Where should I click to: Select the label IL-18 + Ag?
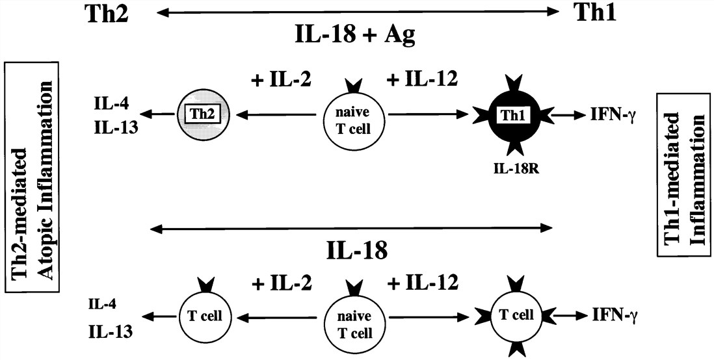(x=356, y=35)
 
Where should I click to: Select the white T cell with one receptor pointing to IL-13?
(x=201, y=316)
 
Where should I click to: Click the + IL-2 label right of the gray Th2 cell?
(x=281, y=79)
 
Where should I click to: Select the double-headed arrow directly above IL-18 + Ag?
(x=356, y=12)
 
